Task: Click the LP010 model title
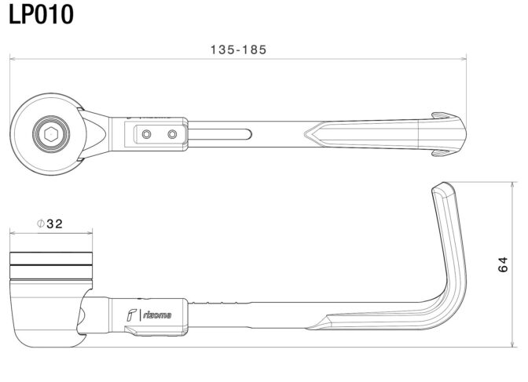41,14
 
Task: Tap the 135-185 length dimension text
238,49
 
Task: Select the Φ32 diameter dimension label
49,224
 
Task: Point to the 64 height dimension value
502,264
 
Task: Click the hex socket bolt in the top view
50,134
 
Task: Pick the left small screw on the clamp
146,134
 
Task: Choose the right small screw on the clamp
172,134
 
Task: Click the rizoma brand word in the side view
157,315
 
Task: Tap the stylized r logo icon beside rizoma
131,315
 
